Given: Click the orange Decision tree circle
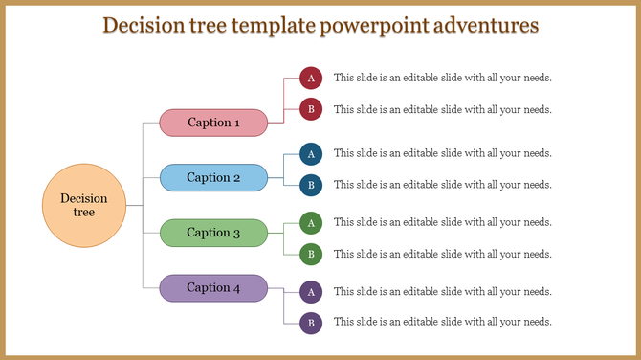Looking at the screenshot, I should click(84, 206).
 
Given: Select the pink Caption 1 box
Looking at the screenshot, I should click(213, 123).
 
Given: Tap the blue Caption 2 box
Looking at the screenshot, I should click(213, 177).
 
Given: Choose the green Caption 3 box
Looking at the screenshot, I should click(213, 233).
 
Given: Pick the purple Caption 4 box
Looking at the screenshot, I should click(213, 287).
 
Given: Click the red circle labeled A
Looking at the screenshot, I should click(311, 78).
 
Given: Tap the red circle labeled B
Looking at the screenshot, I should click(311, 109).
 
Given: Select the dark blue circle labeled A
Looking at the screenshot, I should click(311, 153).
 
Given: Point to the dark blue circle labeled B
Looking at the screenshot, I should click(311, 185).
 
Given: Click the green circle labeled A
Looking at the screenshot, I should click(311, 222).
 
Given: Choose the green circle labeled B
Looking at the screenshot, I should click(311, 255).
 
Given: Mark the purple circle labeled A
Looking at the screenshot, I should click(311, 291).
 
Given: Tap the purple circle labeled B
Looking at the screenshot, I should click(311, 323).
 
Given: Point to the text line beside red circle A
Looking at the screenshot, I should click(442, 78).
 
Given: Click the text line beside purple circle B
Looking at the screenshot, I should click(442, 323).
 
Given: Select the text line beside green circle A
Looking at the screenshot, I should click(442, 222).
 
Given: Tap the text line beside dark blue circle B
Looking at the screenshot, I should click(442, 185).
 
